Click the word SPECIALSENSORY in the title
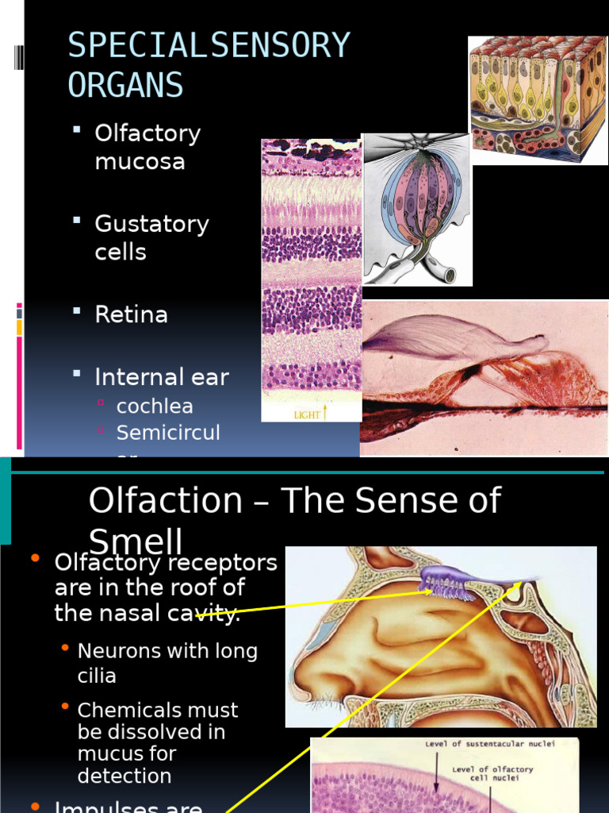pyautogui.click(x=209, y=45)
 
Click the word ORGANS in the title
pyautogui.click(x=125, y=85)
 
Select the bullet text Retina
pyautogui.click(x=131, y=314)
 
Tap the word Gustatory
pyautogui.click(x=151, y=224)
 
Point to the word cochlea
pyautogui.click(x=155, y=406)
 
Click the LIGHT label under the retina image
pyautogui.click(x=308, y=414)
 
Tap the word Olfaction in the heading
pyautogui.click(x=165, y=501)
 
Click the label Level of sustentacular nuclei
pyautogui.click(x=489, y=744)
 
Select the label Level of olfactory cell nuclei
pyautogui.click(x=492, y=774)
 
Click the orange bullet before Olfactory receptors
pyautogui.click(x=35, y=559)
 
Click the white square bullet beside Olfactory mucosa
pyautogui.click(x=77, y=129)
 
